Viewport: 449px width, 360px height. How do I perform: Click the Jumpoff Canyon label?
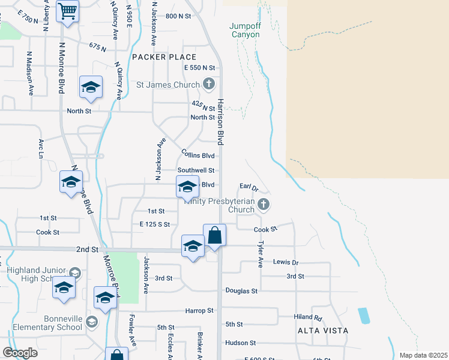246,30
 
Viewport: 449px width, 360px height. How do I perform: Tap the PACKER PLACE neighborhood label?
155,57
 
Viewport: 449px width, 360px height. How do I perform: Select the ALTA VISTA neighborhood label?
322,331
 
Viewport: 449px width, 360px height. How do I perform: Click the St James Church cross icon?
208,84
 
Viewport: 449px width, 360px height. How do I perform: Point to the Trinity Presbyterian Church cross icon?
263,205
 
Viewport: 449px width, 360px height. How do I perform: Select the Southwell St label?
196,170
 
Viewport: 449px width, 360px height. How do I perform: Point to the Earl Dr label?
248,187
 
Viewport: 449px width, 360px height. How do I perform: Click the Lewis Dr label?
286,263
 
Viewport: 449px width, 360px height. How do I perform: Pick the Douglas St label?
241,291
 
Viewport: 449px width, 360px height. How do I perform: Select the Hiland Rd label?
309,317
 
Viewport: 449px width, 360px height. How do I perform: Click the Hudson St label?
241,343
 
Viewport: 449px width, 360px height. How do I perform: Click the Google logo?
20,353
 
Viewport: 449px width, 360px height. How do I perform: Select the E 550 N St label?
199,68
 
